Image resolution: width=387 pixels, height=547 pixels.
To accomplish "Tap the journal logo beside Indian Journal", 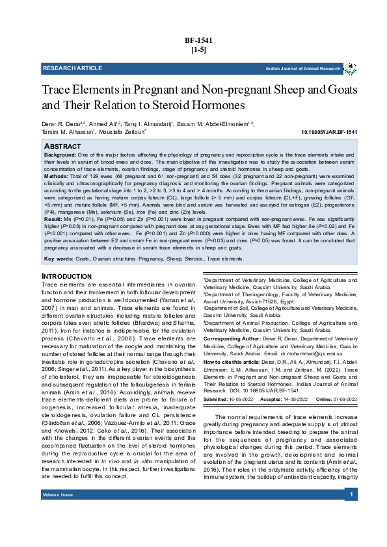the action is click(x=351, y=68).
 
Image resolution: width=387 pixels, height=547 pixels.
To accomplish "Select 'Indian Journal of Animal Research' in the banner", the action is click(x=302, y=68).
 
